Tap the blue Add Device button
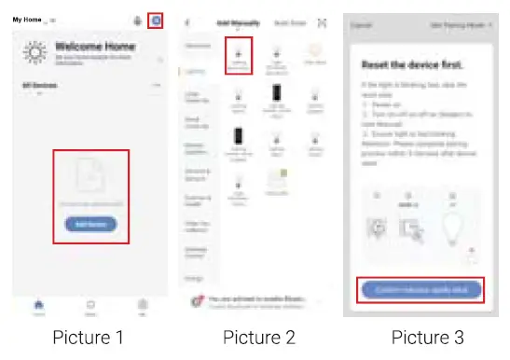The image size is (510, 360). (90, 224)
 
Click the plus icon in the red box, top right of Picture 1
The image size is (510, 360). (156, 21)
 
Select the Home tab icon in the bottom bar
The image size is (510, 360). (38, 304)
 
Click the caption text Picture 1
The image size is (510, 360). (88, 338)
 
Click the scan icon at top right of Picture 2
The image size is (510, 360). (323, 21)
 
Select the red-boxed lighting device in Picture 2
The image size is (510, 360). (241, 54)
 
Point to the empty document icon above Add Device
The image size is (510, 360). (90, 182)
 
